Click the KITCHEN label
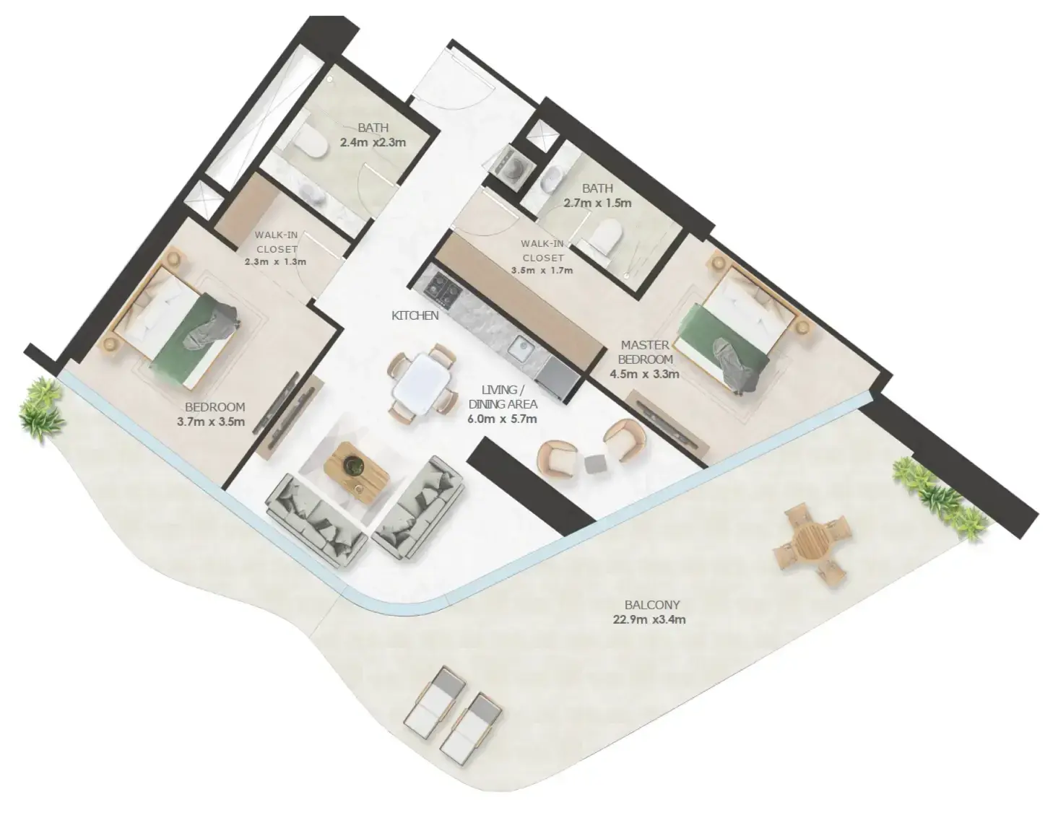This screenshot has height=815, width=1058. [415, 315]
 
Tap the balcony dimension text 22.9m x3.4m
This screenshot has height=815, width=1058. [649, 619]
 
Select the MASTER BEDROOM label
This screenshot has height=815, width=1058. [645, 352]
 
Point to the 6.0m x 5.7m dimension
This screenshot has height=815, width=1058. [502, 419]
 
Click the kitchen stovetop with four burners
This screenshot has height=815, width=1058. [442, 290]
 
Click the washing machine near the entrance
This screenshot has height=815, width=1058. [513, 167]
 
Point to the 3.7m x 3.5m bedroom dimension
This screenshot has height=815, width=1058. [211, 422]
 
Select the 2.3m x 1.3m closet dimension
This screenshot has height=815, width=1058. [276, 262]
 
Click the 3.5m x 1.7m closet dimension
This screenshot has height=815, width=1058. [542, 270]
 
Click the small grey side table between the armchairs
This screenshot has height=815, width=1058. [595, 463]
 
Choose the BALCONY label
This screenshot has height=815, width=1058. [652, 605]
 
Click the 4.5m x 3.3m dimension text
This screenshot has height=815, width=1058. [644, 374]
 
